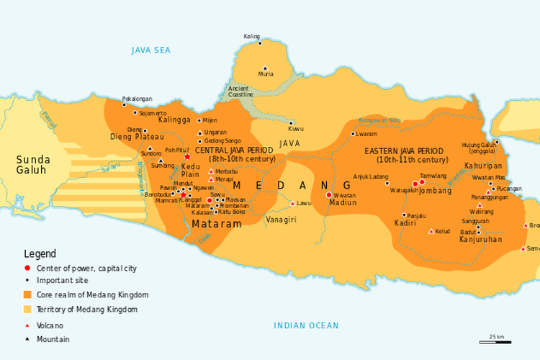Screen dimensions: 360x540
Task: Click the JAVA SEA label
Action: tap(150, 50)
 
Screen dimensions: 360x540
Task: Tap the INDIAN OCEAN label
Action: tap(306, 326)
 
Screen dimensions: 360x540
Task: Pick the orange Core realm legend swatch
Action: tap(28, 294)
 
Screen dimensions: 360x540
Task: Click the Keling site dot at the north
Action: tap(260, 43)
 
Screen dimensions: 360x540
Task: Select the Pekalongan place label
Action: tap(137, 98)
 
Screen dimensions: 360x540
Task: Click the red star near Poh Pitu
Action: tap(187, 157)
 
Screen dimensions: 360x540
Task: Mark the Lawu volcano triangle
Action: tap(292, 203)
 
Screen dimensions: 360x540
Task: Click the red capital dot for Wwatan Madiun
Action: tap(329, 194)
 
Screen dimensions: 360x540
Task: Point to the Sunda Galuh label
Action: tap(32, 165)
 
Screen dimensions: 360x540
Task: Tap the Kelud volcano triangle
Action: tap(431, 231)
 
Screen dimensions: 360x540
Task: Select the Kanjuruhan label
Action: tap(480, 239)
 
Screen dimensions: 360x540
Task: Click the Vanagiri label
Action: tap(282, 219)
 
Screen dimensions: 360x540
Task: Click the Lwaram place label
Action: tap(367, 134)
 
